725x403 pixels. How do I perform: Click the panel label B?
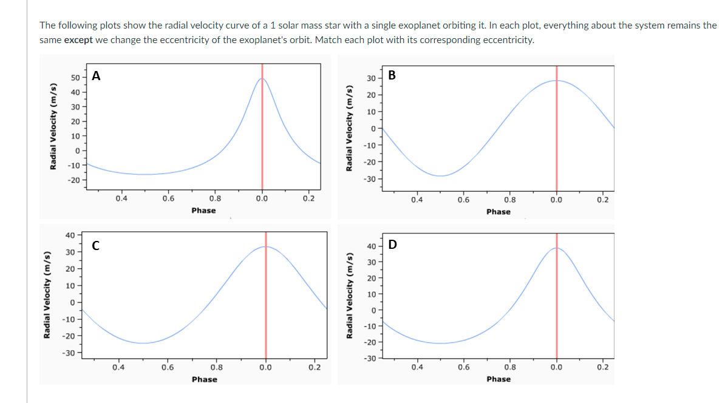(x=392, y=75)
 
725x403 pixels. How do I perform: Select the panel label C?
(x=96, y=245)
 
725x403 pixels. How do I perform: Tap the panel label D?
(x=392, y=245)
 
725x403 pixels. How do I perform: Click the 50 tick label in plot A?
(x=75, y=78)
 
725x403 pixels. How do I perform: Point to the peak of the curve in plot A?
(x=262, y=78)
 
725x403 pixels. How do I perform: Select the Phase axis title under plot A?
(x=203, y=211)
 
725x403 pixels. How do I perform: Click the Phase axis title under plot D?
(x=498, y=379)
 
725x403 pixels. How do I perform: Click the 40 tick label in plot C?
(x=70, y=235)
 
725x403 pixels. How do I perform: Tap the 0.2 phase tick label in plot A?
(x=310, y=198)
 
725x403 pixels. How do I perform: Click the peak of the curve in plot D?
(x=556, y=248)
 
